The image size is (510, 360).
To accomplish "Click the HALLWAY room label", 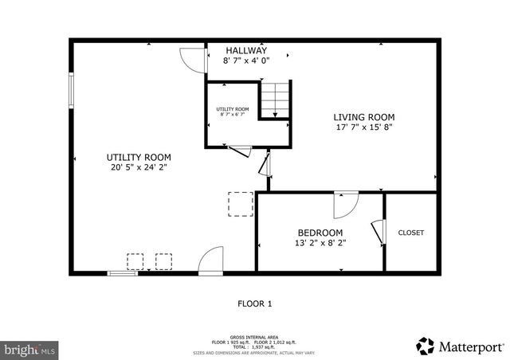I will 246,50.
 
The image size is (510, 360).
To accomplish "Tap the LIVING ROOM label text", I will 363,117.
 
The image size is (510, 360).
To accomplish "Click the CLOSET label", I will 411,233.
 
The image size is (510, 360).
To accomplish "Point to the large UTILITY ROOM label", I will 139,157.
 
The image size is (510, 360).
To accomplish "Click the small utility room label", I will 233,109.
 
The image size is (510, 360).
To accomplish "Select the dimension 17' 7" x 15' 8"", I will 363,127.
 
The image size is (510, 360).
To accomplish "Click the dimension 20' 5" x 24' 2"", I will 139,167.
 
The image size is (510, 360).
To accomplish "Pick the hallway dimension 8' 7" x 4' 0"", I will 246,60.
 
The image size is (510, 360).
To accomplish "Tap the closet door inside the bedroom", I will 379,230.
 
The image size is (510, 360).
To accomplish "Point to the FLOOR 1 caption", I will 255,303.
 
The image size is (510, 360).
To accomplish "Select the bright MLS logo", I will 29,349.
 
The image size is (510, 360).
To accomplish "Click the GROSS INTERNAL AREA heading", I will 255,338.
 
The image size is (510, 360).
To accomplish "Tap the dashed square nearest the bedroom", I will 241,204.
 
